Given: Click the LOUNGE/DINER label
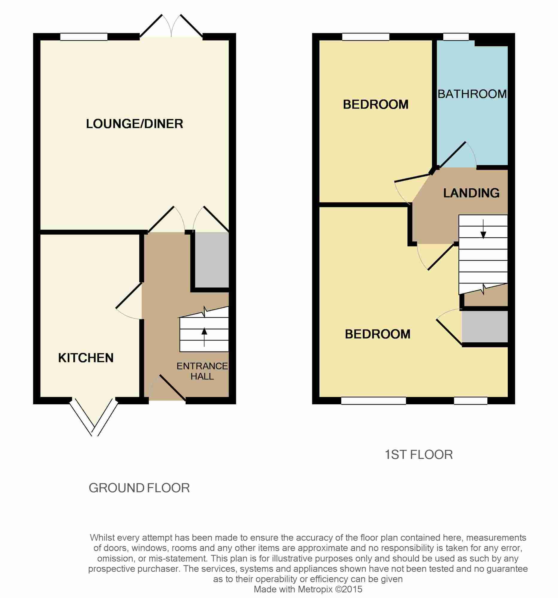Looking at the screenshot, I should pos(134,123).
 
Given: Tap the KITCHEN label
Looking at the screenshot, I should pos(86,358).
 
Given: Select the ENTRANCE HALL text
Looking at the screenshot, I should pos(202,371).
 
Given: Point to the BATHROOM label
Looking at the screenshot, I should pos(472,94).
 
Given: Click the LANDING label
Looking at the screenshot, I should pos(471,193).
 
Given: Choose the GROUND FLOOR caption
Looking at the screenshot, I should pos(139,488).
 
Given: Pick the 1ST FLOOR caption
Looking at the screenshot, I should pos(418,454).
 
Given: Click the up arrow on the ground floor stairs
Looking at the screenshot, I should pos(204,336).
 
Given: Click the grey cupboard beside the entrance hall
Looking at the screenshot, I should pos(212,260).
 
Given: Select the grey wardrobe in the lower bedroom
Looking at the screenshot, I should pos(485,327).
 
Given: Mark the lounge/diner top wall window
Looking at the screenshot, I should pos(84,37).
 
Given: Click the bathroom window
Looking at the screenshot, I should pos(456,37).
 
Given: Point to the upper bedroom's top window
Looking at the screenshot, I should pos(366,37).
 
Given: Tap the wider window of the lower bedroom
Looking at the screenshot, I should pos(373,401).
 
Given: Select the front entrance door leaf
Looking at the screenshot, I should pos(172,388).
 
